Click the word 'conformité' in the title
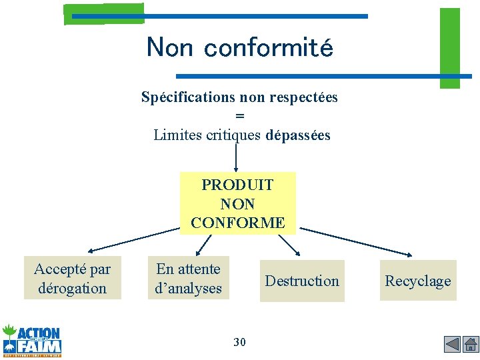[x=268, y=48]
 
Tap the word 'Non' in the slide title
[x=169, y=48]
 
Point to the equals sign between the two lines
[x=240, y=116]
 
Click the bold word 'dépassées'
[x=297, y=135]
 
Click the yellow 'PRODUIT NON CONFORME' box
[x=237, y=203]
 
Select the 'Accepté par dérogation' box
[x=73, y=278]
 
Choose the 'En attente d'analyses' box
[x=188, y=278]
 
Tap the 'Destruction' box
[x=302, y=281]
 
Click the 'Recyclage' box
[x=417, y=281]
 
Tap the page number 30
[x=239, y=342]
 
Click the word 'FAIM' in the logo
[x=40, y=346]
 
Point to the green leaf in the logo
[x=9, y=331]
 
